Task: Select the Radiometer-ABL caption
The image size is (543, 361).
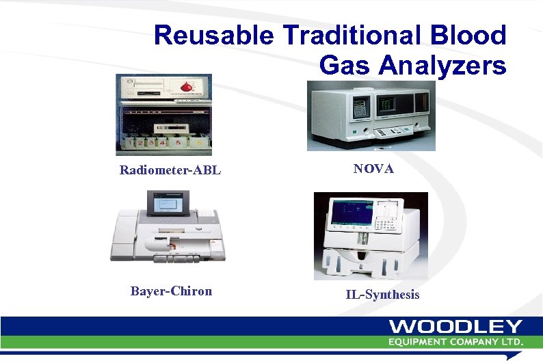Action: (x=170, y=170)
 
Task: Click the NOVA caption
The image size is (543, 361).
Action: (x=373, y=168)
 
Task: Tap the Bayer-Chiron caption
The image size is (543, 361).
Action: (x=171, y=291)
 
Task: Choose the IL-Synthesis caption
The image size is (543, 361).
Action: (x=382, y=295)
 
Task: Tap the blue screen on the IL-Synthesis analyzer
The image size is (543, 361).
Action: (x=352, y=211)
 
